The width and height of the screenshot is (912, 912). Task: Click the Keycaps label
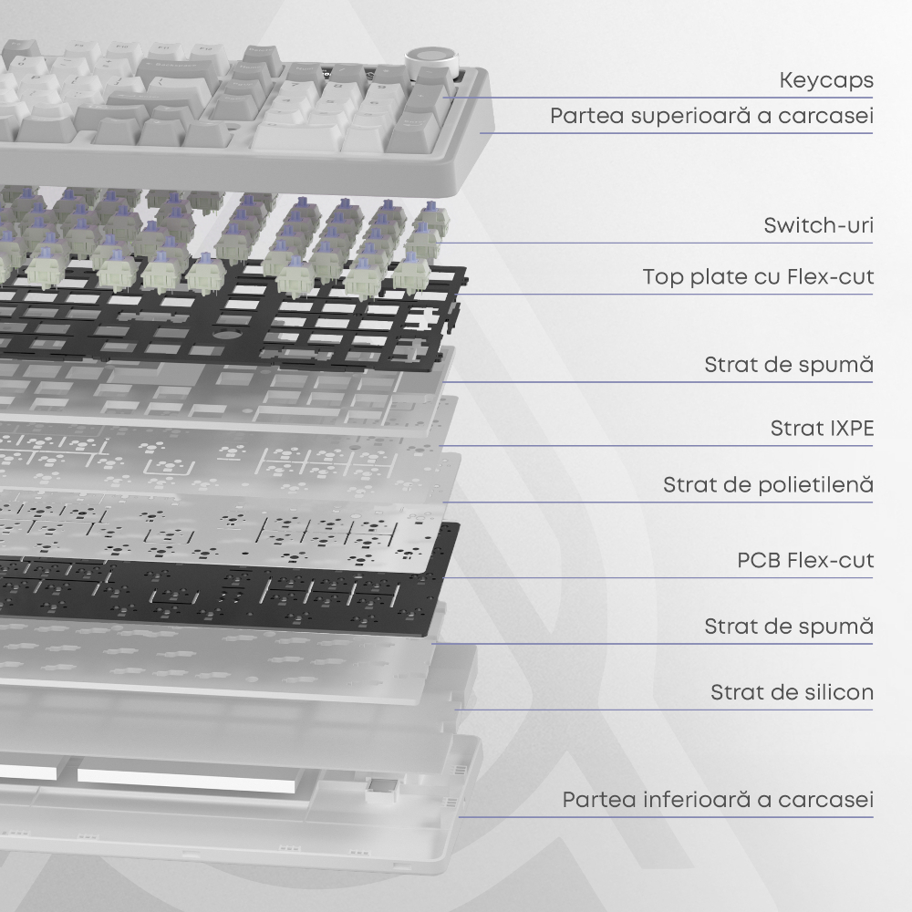point(826,80)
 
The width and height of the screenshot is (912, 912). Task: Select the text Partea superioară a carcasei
point(711,115)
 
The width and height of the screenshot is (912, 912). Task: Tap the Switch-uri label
point(818,225)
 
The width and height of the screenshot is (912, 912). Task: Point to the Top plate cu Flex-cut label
point(758,276)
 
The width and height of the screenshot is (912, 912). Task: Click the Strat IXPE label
point(822,428)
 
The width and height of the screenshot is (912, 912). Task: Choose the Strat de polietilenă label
point(768,484)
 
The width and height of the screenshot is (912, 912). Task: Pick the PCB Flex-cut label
point(805,560)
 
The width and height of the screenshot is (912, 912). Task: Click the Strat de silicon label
point(792,692)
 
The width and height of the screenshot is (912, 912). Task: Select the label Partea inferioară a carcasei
point(718,799)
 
